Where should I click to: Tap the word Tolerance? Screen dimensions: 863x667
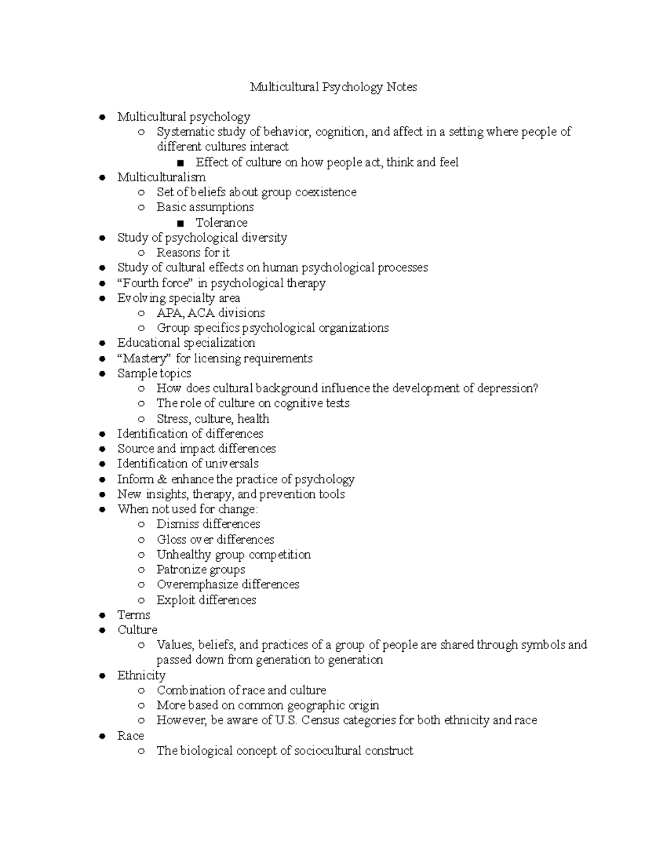pos(221,222)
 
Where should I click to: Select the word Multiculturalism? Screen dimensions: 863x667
pos(161,177)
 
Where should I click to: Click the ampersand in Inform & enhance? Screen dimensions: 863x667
pos(162,479)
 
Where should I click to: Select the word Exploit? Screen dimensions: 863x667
pos(176,600)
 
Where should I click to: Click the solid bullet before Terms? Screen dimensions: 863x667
pos(102,615)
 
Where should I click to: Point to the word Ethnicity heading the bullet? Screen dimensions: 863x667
pos(141,675)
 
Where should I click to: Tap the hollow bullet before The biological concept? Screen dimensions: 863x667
pos(142,751)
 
